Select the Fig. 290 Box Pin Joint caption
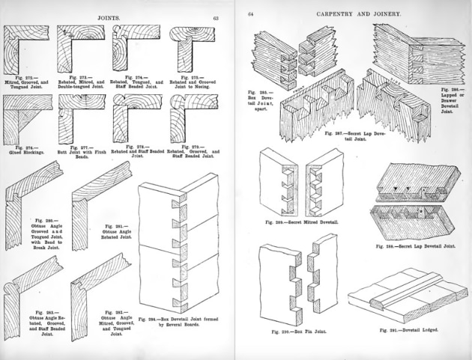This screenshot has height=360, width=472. pos(297,330)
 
